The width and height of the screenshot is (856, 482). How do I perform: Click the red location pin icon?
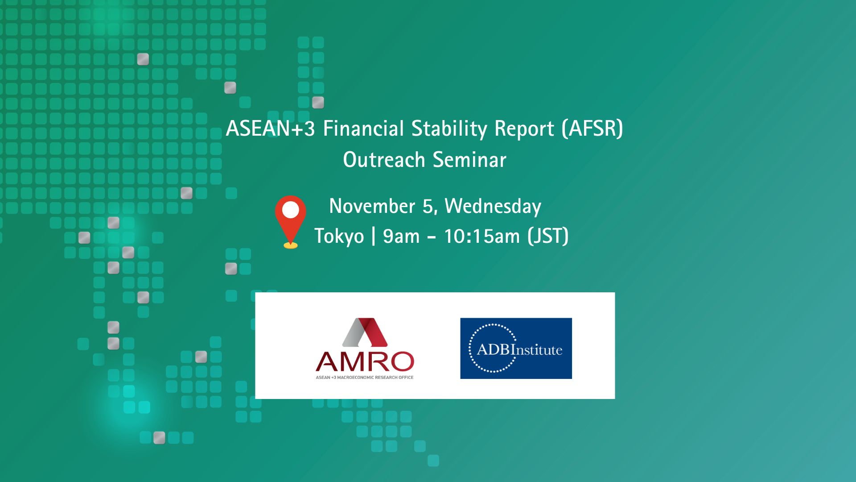pos(290,221)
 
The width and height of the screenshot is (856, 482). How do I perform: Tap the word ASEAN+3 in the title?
pos(270,129)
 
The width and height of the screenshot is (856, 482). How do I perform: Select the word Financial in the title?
pos(363,129)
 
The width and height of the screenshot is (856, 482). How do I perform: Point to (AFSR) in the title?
pos(592,129)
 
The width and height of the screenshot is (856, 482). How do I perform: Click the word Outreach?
pos(384,160)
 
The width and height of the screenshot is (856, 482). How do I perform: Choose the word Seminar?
pos(469,160)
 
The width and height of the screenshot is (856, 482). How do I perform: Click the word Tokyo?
pos(339,237)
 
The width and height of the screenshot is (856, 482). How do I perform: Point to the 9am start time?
pos(401,237)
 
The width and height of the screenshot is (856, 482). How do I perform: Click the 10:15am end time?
pos(482,237)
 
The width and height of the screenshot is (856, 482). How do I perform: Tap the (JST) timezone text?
pos(548,236)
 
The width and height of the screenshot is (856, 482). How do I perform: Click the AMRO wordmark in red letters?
pos(365,361)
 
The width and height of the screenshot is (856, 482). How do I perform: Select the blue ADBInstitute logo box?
pos(516,348)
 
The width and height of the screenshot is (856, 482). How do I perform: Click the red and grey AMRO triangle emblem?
pos(365,332)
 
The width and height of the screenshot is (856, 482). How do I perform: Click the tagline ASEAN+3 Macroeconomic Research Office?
pos(365,378)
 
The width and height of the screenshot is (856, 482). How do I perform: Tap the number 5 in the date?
pos(428,207)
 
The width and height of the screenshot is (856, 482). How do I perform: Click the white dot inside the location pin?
pos(291,210)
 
